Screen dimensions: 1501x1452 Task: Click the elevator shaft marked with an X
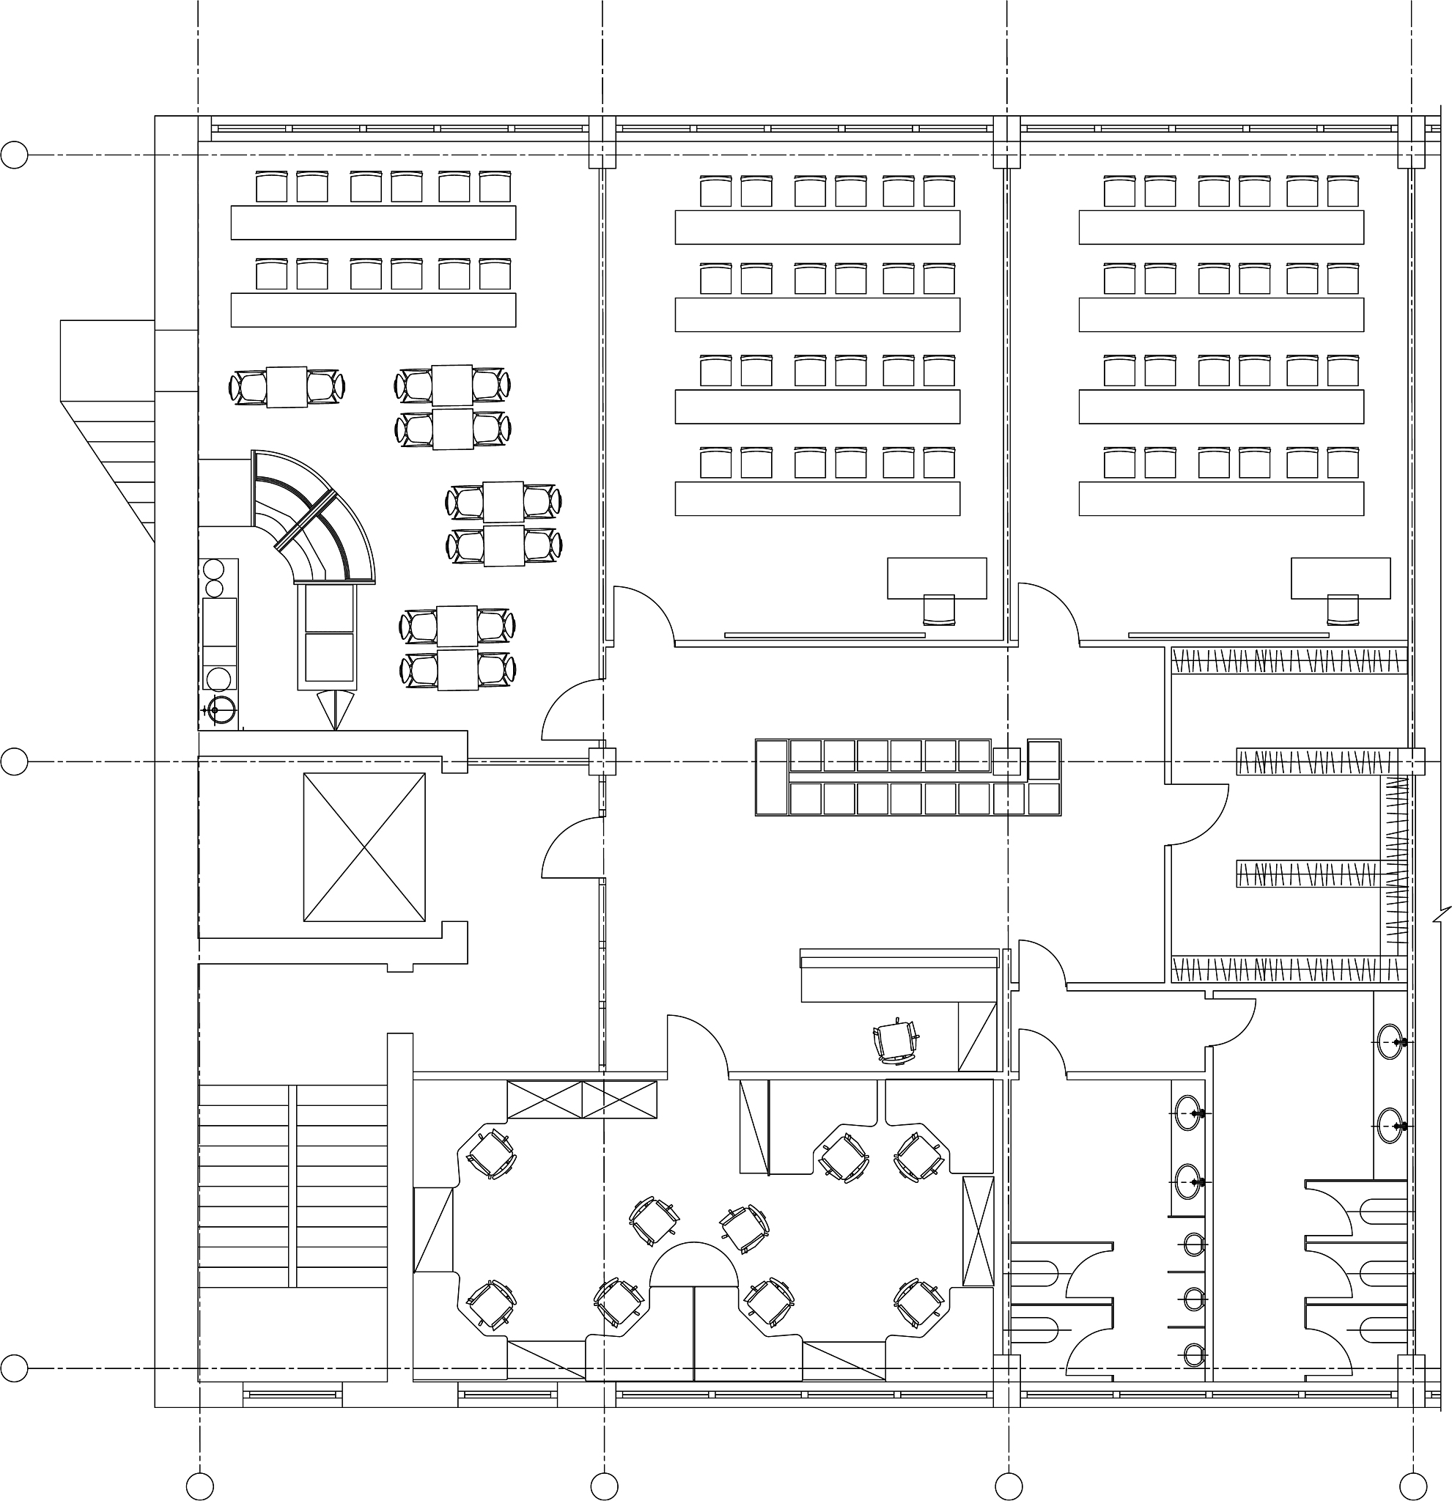[364, 847]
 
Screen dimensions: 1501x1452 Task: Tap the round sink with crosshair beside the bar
[219, 710]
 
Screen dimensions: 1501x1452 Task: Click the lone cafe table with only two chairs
[287, 387]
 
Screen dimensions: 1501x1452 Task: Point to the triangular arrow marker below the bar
[336, 709]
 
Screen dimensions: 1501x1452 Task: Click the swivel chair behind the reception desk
[895, 1042]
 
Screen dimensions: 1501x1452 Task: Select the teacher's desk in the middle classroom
[937, 578]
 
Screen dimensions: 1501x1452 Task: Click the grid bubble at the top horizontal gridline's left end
[14, 155]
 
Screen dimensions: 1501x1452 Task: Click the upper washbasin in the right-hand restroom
[1389, 1042]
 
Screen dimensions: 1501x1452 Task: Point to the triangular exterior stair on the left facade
[107, 429]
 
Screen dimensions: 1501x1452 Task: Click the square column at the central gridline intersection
[602, 762]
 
